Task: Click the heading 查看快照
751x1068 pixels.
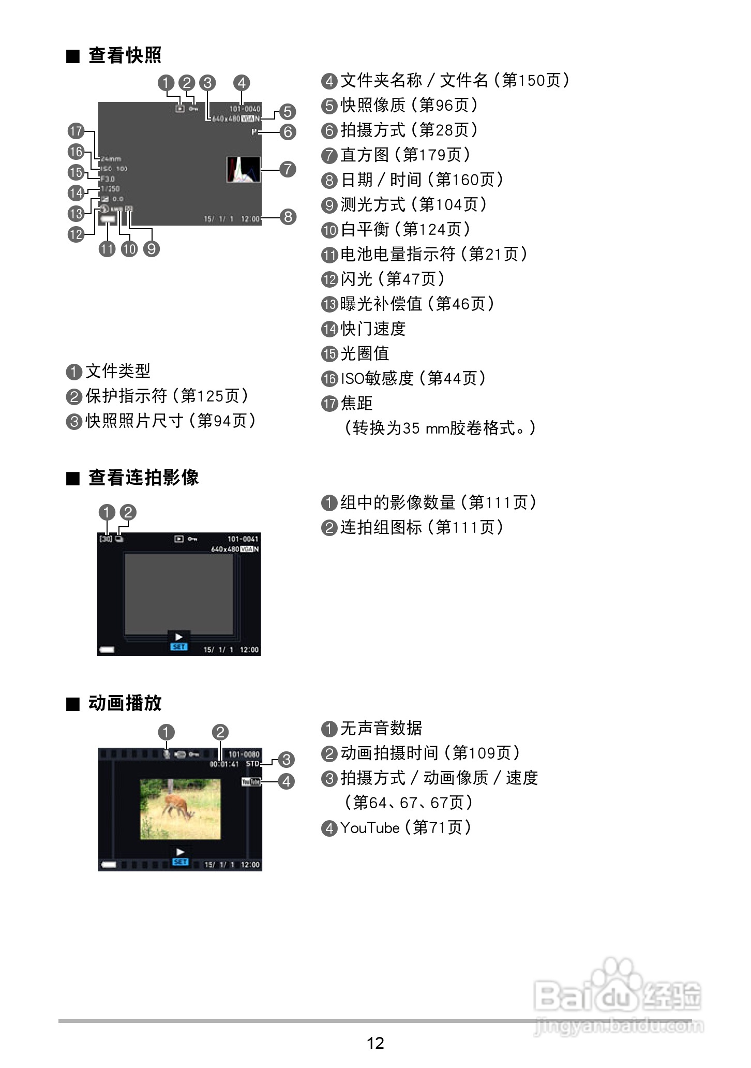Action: (x=125, y=55)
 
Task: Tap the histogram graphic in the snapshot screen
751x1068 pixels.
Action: (x=243, y=169)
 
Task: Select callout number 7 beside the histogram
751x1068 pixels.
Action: (x=288, y=169)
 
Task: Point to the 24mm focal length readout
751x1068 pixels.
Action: (x=111, y=159)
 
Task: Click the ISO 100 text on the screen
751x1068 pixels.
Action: (x=114, y=169)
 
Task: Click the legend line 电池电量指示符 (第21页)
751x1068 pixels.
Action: (x=424, y=254)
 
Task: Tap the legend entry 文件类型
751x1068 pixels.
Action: (x=109, y=371)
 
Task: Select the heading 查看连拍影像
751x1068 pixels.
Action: (x=143, y=478)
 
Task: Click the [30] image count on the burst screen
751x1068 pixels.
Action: (x=106, y=539)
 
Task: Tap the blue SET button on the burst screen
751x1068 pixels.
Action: (x=179, y=647)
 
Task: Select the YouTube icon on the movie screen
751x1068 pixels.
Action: (x=251, y=781)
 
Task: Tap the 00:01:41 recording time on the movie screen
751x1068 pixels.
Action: (x=224, y=764)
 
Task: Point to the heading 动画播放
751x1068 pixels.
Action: (x=125, y=703)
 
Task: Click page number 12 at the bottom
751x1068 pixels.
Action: (x=375, y=1042)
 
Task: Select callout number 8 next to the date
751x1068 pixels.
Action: (x=288, y=217)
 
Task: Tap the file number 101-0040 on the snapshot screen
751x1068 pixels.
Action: (x=245, y=109)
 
